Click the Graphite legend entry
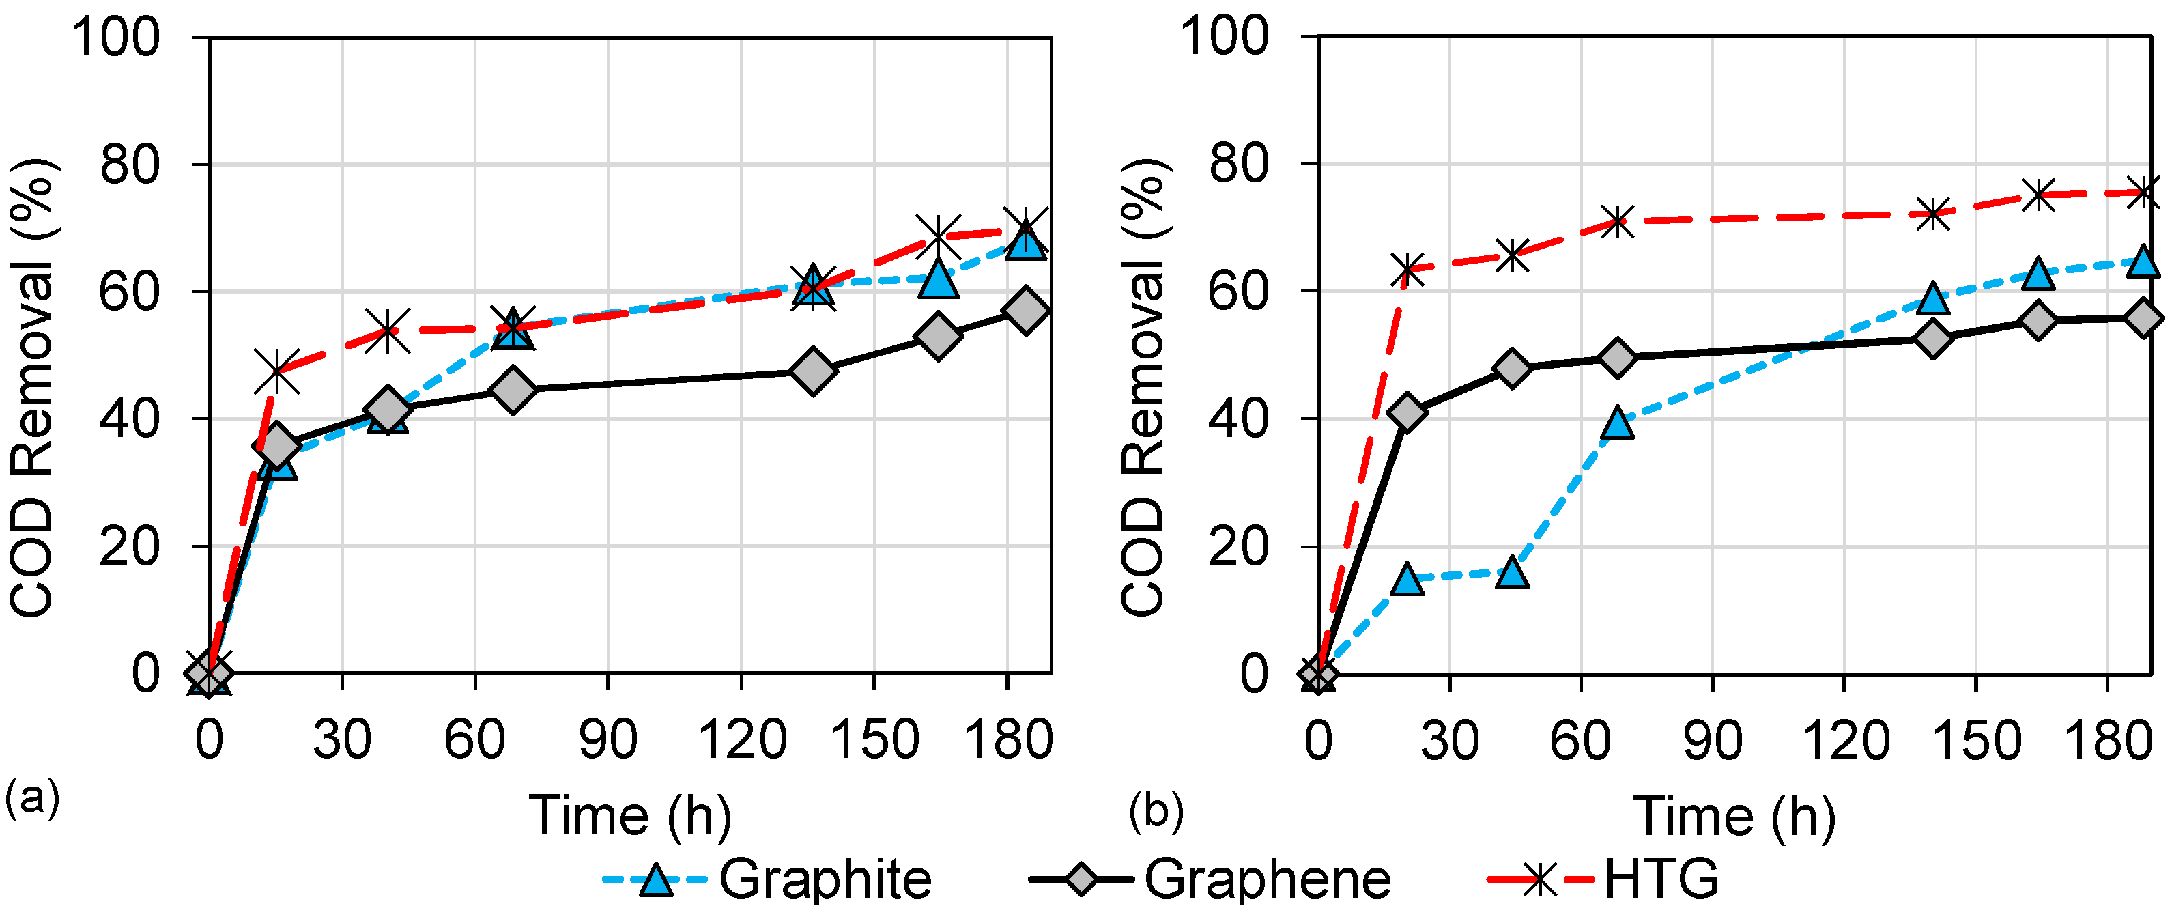click(x=825, y=880)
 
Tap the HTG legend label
click(x=1660, y=880)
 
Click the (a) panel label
click(x=32, y=797)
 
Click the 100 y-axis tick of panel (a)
click(x=115, y=38)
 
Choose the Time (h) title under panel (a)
click(x=630, y=816)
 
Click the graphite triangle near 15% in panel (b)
click(x=1406, y=579)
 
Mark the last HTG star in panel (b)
click(x=2144, y=193)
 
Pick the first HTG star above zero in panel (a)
click(x=276, y=371)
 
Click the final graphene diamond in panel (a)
click(x=1026, y=310)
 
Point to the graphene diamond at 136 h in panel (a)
click(x=813, y=370)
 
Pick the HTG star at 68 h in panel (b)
click(x=1617, y=222)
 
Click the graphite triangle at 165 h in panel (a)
click(x=939, y=279)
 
